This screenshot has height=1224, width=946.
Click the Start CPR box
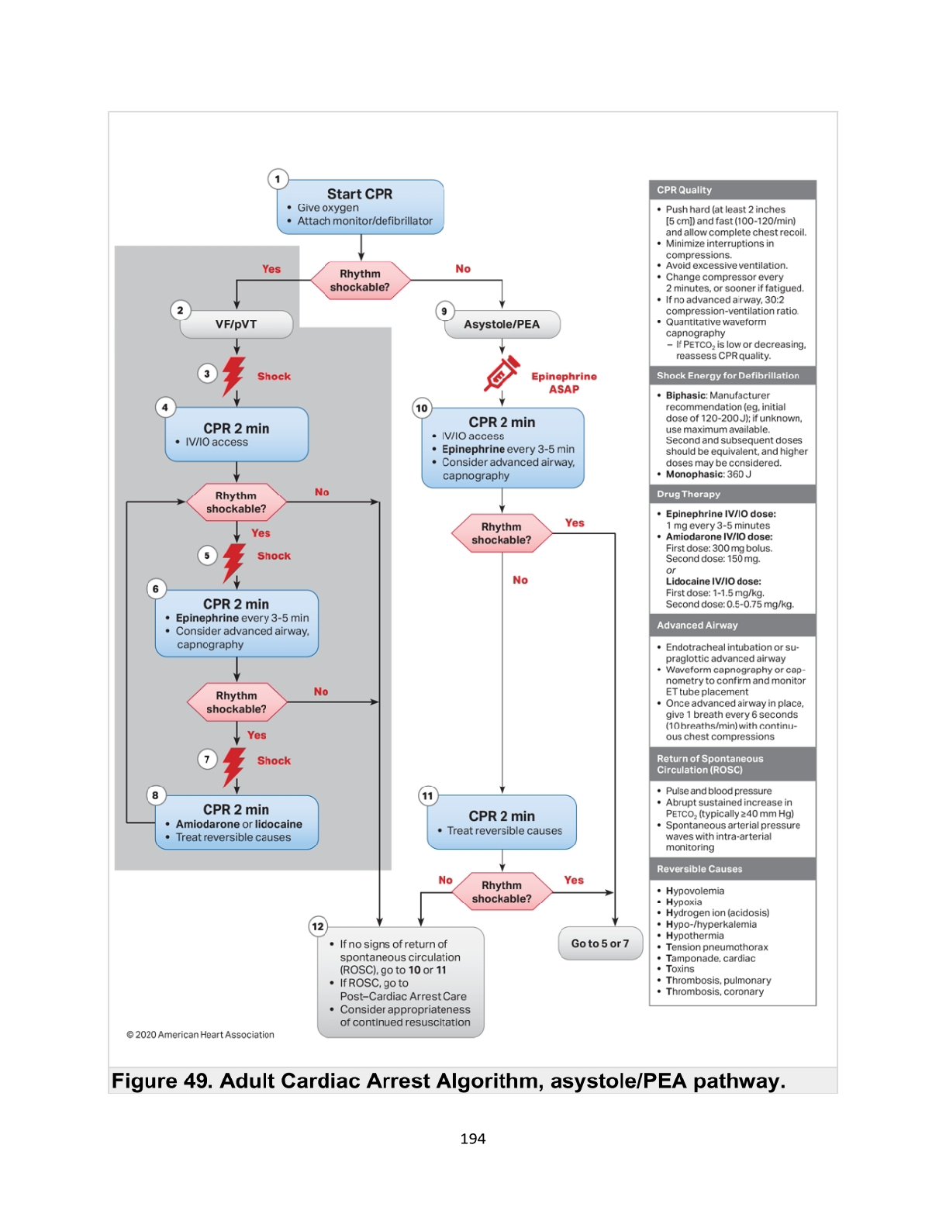click(361, 207)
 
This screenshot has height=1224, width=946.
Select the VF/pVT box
click(236, 324)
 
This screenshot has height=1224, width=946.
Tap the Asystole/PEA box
click(502, 324)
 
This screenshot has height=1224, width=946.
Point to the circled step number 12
click(318, 926)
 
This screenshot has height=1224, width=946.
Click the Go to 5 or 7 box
click(600, 943)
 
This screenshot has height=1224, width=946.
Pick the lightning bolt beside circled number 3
click(233, 376)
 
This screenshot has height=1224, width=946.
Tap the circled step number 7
click(207, 760)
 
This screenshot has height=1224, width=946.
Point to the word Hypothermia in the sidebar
click(695, 936)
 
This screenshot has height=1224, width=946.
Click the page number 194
click(473, 1139)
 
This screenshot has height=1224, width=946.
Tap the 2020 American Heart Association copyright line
click(201, 1035)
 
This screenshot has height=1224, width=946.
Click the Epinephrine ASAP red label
click(564, 382)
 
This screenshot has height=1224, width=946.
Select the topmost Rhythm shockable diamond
click(360, 281)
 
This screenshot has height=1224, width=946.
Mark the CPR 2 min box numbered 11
click(502, 822)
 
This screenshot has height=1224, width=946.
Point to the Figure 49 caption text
click(448, 1081)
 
